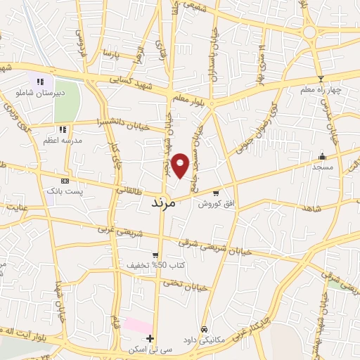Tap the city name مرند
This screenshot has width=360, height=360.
pyautogui.click(x=167, y=202)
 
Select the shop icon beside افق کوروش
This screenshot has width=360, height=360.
pyautogui.click(x=216, y=193)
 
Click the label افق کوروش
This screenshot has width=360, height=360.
pyautogui.click(x=211, y=204)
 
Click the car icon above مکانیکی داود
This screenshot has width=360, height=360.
pyautogui.click(x=204, y=328)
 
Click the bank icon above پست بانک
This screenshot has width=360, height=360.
pyautogui.click(x=65, y=181)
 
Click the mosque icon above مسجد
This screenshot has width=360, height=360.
pyautogui.click(x=322, y=156)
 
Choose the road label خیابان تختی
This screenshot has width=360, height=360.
pyautogui.click(x=177, y=283)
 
